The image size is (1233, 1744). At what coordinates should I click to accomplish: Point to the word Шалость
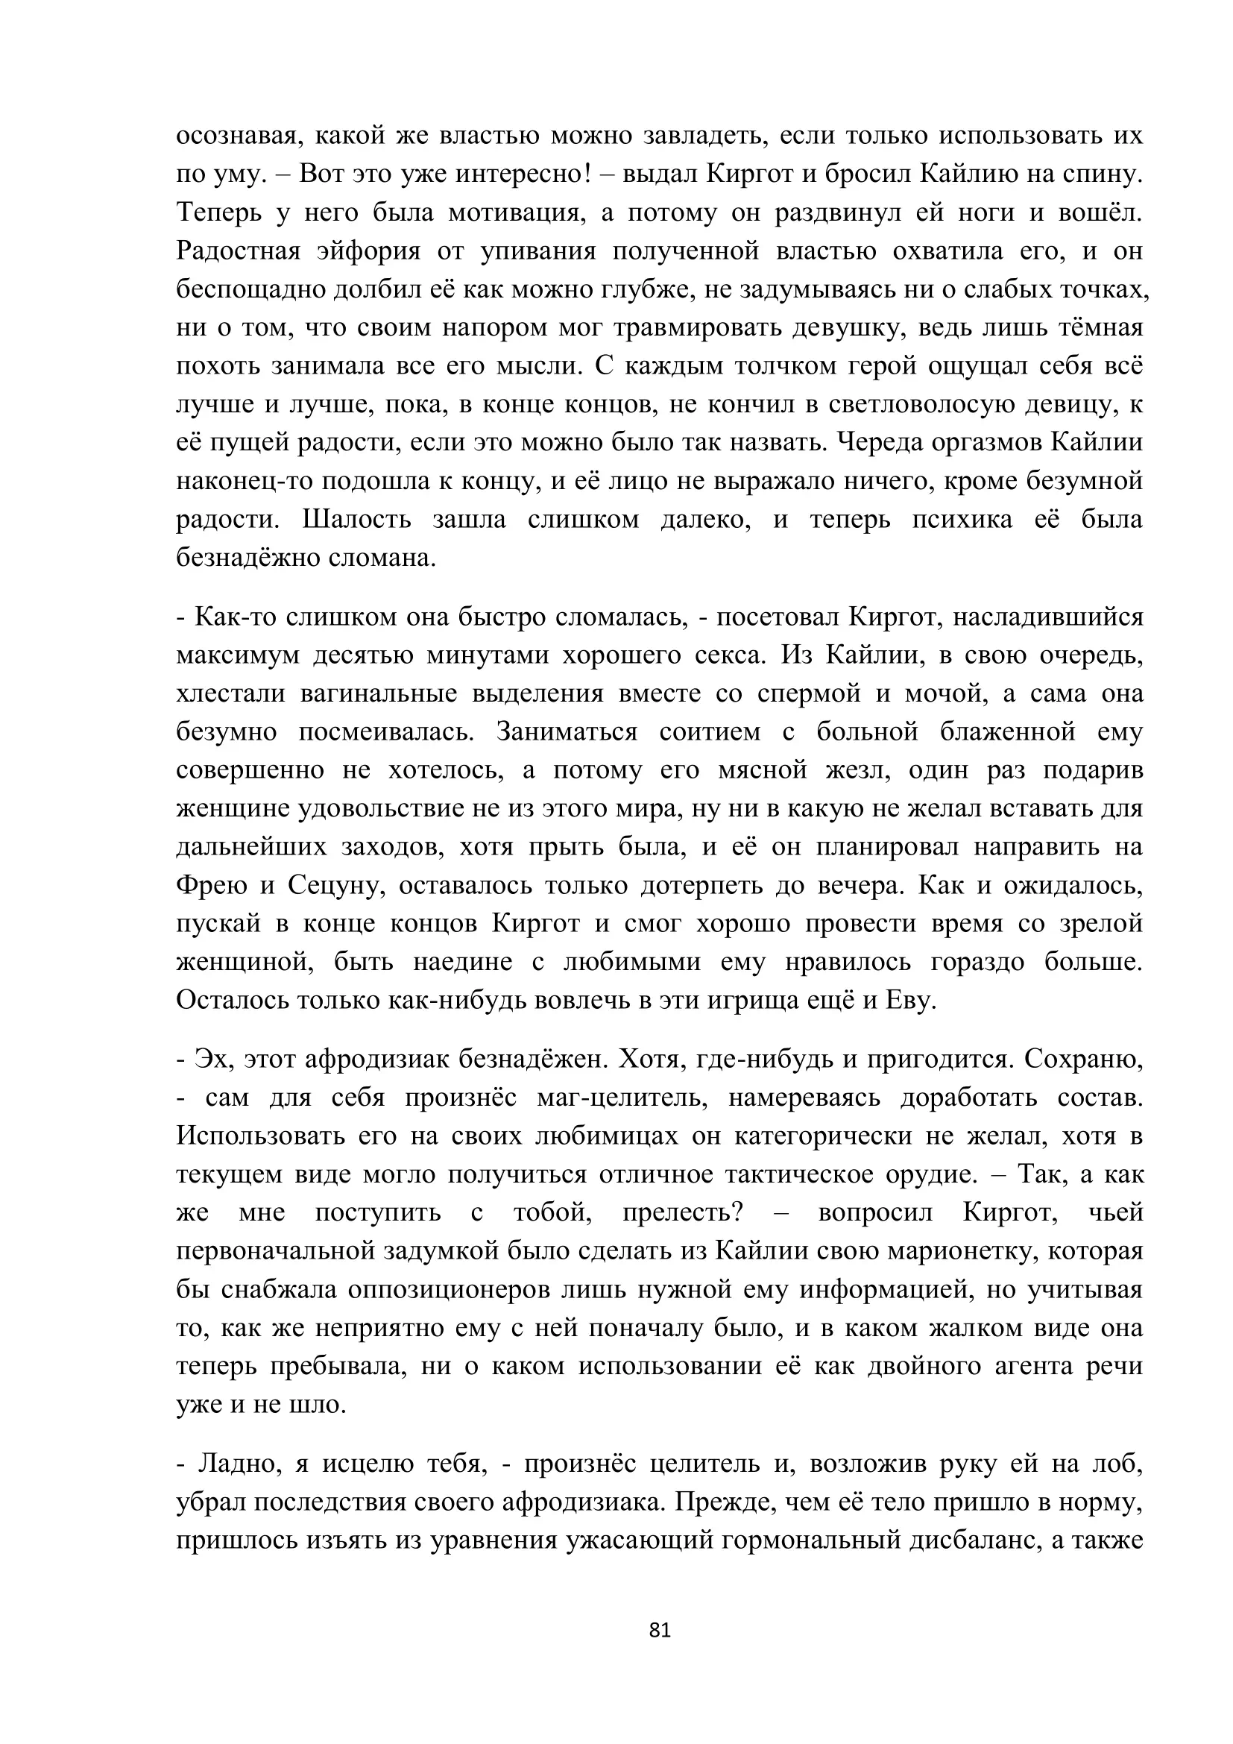click(357, 520)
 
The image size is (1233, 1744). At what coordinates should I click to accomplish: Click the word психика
click(962, 520)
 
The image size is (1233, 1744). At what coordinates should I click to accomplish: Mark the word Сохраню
click(1083, 1060)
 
